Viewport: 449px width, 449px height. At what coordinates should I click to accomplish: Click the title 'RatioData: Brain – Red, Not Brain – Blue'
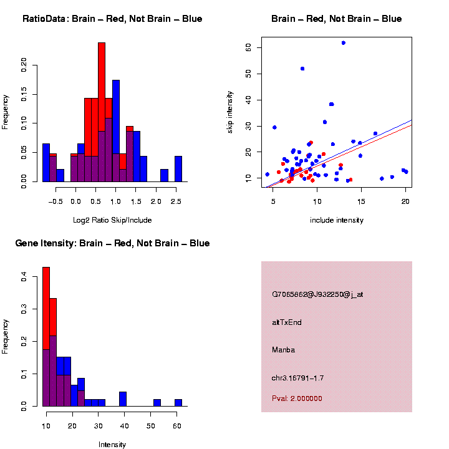pos(112,19)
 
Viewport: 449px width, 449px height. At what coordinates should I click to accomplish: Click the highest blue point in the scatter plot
pos(343,42)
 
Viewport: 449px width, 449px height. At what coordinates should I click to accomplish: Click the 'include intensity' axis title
pos(337,220)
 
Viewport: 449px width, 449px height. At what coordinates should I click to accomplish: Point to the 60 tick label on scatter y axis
pos(248,47)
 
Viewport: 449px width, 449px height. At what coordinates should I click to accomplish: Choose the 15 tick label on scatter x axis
pos(361,201)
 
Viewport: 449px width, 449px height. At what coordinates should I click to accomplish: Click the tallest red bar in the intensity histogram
pos(46,306)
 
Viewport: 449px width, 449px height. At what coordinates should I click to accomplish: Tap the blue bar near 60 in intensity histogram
pos(178,403)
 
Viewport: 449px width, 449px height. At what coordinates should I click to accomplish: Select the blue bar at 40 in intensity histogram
pos(123,399)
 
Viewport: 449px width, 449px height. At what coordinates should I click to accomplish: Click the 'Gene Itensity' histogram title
pos(112,243)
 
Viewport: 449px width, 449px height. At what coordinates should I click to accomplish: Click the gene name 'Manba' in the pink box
pos(283,350)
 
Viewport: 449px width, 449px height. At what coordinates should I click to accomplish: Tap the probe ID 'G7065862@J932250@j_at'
pos(317,294)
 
